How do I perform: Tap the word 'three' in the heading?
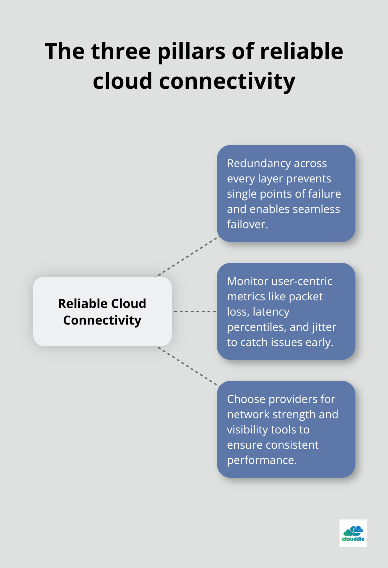pyautogui.click(x=121, y=51)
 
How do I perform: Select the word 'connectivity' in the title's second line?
pyautogui.click(x=227, y=81)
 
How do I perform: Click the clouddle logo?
pyautogui.click(x=353, y=533)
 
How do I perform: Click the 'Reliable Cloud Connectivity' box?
pyautogui.click(x=102, y=311)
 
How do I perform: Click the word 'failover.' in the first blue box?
pyautogui.click(x=247, y=224)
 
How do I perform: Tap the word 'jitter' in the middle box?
pyautogui.click(x=324, y=327)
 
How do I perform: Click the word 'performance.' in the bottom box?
pyautogui.click(x=262, y=460)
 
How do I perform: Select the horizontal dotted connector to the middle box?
pyautogui.click(x=195, y=311)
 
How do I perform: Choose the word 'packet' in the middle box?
pyautogui.click(x=306, y=296)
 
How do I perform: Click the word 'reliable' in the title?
pyautogui.click(x=301, y=51)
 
